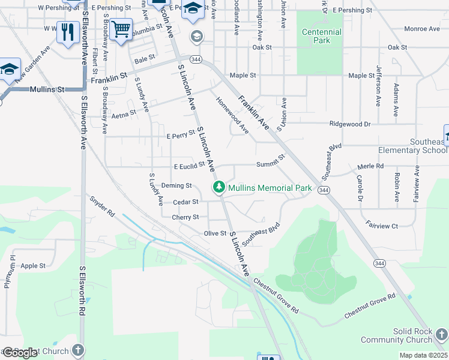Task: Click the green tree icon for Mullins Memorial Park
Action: point(219,188)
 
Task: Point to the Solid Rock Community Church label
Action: point(414,335)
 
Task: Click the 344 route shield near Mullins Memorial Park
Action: point(324,190)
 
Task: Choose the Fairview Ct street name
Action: point(382,226)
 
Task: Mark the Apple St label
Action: point(33,266)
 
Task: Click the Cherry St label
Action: point(185,217)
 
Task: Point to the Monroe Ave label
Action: point(422,28)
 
